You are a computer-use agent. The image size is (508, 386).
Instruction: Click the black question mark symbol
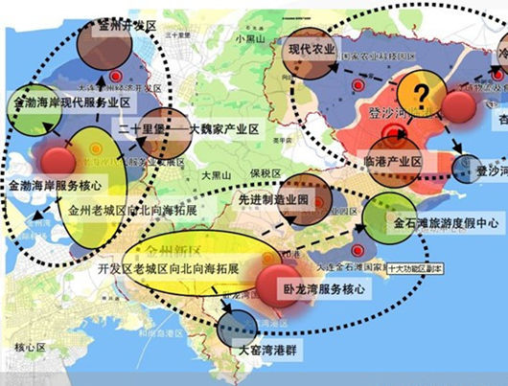[x=420, y=95]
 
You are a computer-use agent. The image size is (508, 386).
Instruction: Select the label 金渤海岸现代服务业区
[x=66, y=100]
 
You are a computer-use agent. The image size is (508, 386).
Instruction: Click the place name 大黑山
[x=218, y=176]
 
